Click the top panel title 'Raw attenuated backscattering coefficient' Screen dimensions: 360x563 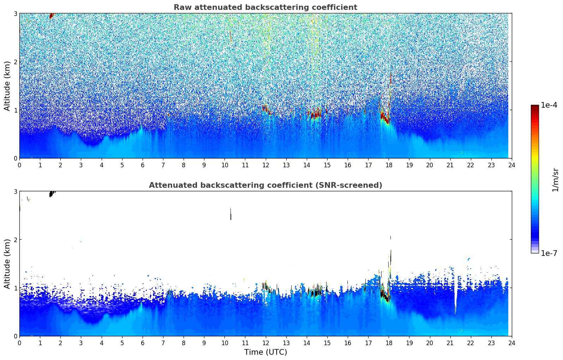[x=265, y=7]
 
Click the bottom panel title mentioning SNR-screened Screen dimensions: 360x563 [x=265, y=185]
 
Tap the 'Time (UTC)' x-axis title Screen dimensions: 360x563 [x=265, y=352]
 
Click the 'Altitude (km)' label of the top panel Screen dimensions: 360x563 [x=7, y=86]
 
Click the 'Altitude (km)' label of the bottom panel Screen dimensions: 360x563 [x=7, y=264]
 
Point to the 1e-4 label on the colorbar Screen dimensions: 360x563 [x=549, y=105]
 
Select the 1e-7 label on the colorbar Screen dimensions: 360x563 [x=549, y=253]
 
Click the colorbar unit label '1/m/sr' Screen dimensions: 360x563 [x=555, y=180]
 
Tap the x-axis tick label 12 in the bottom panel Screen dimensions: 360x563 [x=265, y=343]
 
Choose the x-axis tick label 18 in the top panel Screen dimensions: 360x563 [x=389, y=165]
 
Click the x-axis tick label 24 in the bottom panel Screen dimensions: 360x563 [x=512, y=343]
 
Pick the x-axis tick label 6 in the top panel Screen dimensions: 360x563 [x=143, y=165]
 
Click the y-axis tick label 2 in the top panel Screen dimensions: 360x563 [x=15, y=62]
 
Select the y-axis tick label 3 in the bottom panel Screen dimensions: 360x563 [x=15, y=191]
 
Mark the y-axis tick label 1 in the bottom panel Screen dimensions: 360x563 [x=15, y=288]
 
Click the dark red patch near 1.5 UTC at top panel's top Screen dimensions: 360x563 [x=51, y=16]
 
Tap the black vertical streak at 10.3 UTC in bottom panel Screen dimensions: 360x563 [x=231, y=214]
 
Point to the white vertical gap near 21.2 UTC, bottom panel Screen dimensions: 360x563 [x=456, y=296]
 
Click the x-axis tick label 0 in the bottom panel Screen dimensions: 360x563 [x=19, y=343]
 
